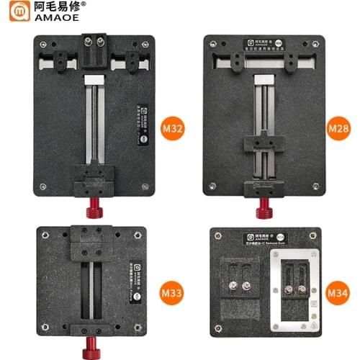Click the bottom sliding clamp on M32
pyautogui.click(x=94, y=176)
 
